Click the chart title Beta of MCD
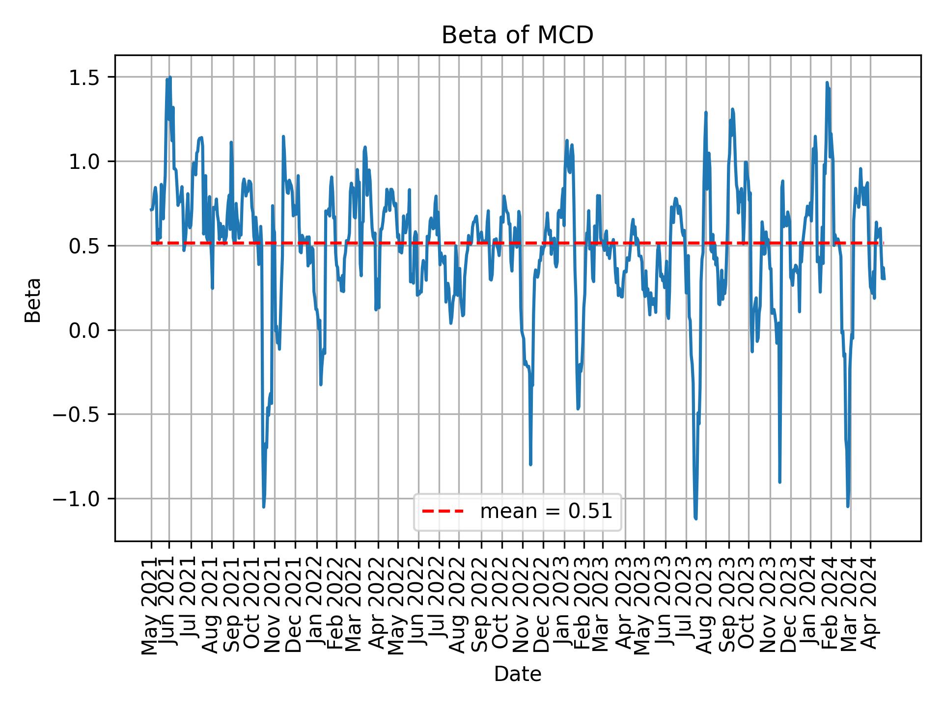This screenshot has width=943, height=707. click(517, 35)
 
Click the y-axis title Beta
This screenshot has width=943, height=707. click(33, 300)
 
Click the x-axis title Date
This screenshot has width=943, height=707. click(517, 674)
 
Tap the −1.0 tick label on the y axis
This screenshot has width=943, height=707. click(82, 499)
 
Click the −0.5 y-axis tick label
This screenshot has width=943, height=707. click(82, 414)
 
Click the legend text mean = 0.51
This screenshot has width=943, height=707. click(546, 512)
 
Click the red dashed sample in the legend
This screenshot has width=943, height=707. click(443, 512)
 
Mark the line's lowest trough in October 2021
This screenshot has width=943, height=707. click(264, 507)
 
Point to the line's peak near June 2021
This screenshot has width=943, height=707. click(170, 78)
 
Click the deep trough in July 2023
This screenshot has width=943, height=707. click(696, 518)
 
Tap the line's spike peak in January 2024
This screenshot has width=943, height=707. click(827, 82)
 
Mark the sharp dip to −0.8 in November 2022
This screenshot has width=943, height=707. click(530, 464)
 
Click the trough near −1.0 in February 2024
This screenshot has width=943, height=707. click(848, 506)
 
